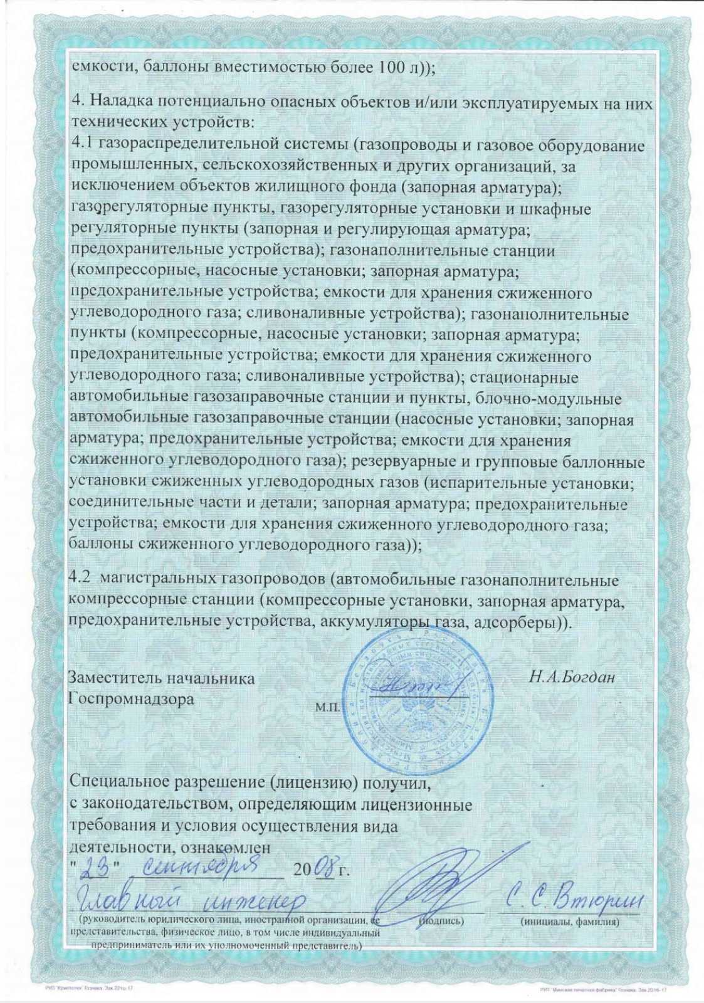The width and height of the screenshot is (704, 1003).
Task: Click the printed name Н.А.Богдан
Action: pyautogui.click(x=572, y=677)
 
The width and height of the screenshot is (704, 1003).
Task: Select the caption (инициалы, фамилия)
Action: pyautogui.click(x=570, y=922)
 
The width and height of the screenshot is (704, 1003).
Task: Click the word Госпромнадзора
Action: pyautogui.click(x=131, y=698)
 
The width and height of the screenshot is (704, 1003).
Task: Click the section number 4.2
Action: pyautogui.click(x=80, y=580)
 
